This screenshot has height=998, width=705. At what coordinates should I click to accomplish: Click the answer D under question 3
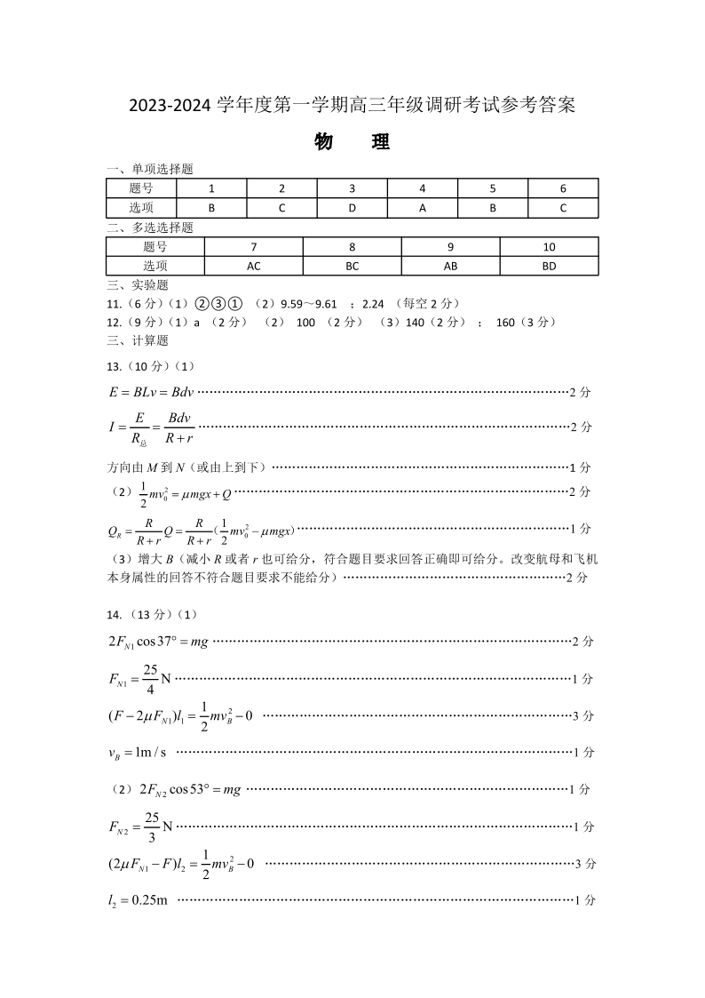click(x=352, y=208)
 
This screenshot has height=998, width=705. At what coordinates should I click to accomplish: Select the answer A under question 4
click(x=423, y=208)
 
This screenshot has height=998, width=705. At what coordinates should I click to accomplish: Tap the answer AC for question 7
click(x=254, y=266)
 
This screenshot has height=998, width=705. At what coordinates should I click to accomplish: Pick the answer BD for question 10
click(x=549, y=266)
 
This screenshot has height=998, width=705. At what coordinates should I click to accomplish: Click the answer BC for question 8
click(x=352, y=266)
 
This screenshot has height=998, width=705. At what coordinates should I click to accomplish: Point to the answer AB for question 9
click(x=450, y=266)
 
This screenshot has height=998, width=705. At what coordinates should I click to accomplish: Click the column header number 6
click(x=563, y=188)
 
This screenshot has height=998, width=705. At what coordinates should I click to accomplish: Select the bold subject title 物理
click(x=352, y=142)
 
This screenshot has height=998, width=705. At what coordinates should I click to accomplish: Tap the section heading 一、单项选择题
click(x=149, y=169)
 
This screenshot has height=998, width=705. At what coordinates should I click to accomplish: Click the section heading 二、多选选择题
click(x=149, y=228)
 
